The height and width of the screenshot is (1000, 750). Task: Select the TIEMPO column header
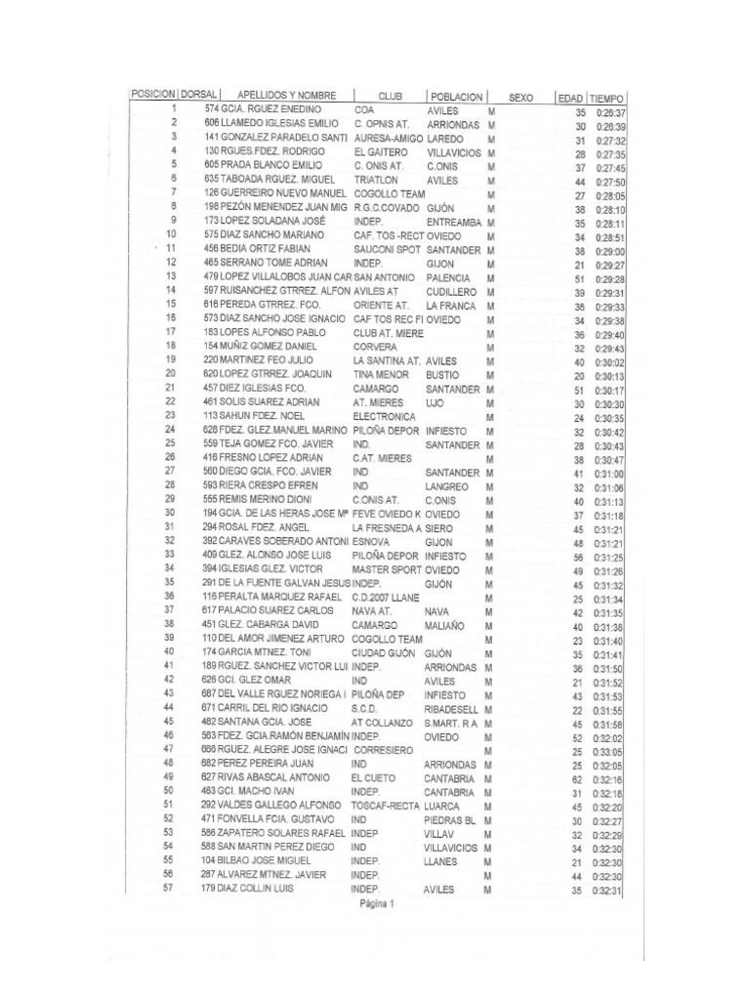(607, 99)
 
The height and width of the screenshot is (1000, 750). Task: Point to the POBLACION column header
(455, 97)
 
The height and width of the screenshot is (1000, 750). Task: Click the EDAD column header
(570, 99)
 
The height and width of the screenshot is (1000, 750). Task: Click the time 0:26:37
(609, 113)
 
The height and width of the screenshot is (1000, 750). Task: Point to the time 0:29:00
(609, 252)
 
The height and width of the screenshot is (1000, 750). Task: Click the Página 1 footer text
(375, 904)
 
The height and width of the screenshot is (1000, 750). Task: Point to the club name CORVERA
(374, 347)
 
